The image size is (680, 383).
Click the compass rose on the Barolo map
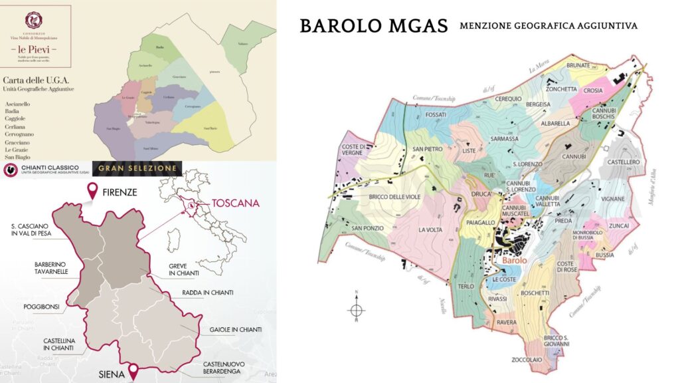357,310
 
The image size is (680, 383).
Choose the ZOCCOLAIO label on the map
545,360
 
